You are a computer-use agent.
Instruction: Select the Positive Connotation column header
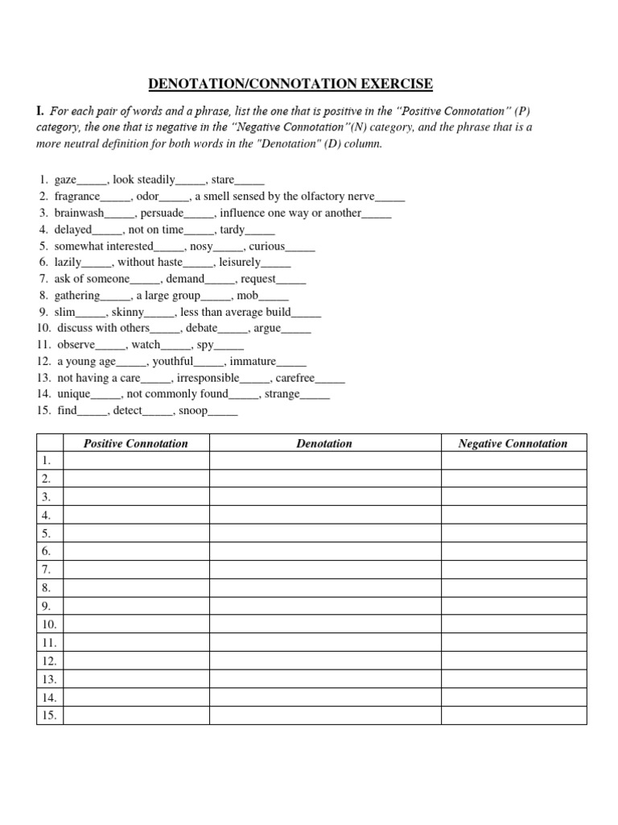136,443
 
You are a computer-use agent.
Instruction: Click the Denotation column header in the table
324,443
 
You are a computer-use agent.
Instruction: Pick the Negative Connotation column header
513,443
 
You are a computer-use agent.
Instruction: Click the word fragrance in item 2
77,197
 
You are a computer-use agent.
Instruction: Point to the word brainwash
79,214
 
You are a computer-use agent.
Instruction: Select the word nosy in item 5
201,246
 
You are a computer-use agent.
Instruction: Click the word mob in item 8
248,296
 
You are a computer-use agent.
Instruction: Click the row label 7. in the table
47,570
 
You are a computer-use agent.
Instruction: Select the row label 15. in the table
49,715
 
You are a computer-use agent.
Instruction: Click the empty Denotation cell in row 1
324,461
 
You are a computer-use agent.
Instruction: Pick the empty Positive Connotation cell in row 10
136,624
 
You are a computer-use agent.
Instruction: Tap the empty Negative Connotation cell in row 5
513,533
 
